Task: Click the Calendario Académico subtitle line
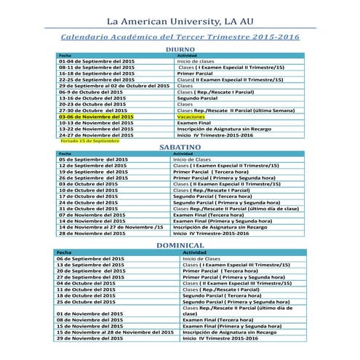click(x=180, y=36)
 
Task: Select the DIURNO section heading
click(x=180, y=49)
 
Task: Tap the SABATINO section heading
click(x=180, y=147)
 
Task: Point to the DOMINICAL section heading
click(x=180, y=246)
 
